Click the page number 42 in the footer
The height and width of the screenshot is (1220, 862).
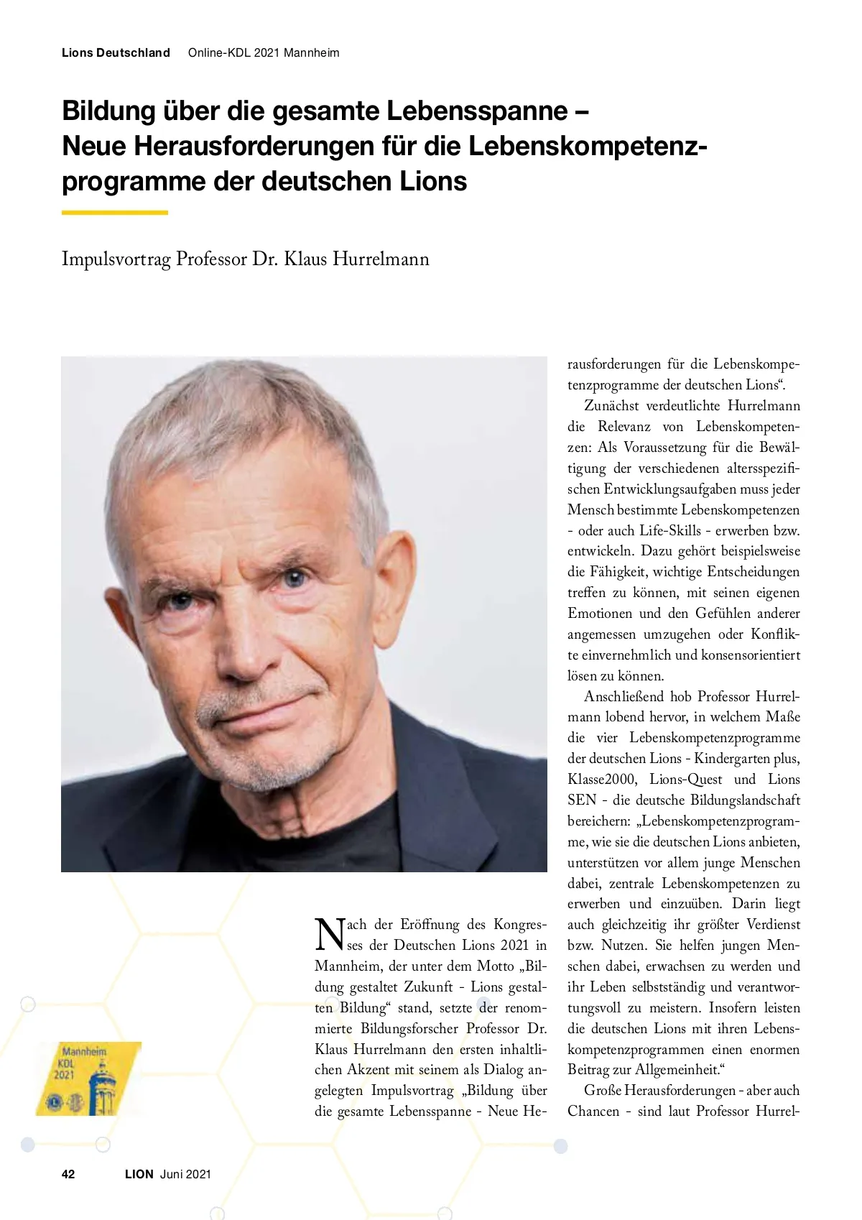[68, 1174]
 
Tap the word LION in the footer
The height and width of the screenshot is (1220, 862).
[139, 1174]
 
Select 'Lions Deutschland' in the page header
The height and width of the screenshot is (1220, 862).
[116, 52]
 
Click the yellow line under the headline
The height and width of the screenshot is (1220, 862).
[115, 213]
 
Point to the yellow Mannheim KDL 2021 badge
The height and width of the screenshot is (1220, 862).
[88, 1078]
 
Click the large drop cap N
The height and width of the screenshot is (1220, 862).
[330, 934]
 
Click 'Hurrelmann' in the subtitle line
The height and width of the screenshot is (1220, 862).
[381, 259]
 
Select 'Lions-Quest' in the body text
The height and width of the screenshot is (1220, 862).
[686, 780]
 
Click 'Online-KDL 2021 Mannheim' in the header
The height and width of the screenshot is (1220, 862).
[264, 52]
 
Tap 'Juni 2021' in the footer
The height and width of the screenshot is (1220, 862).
[185, 1174]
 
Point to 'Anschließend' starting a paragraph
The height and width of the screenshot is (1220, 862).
[624, 696]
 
